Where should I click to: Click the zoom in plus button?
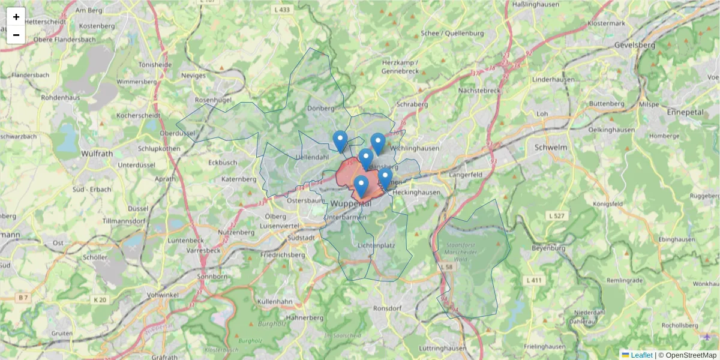16,17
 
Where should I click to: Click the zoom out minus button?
16,35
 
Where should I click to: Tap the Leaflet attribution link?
641,355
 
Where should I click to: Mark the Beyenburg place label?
548,248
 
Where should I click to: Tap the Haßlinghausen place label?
536,4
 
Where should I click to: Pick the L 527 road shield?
556,215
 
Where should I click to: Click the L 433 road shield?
281,10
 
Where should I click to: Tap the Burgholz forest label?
267,323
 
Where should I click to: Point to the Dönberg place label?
320,108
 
